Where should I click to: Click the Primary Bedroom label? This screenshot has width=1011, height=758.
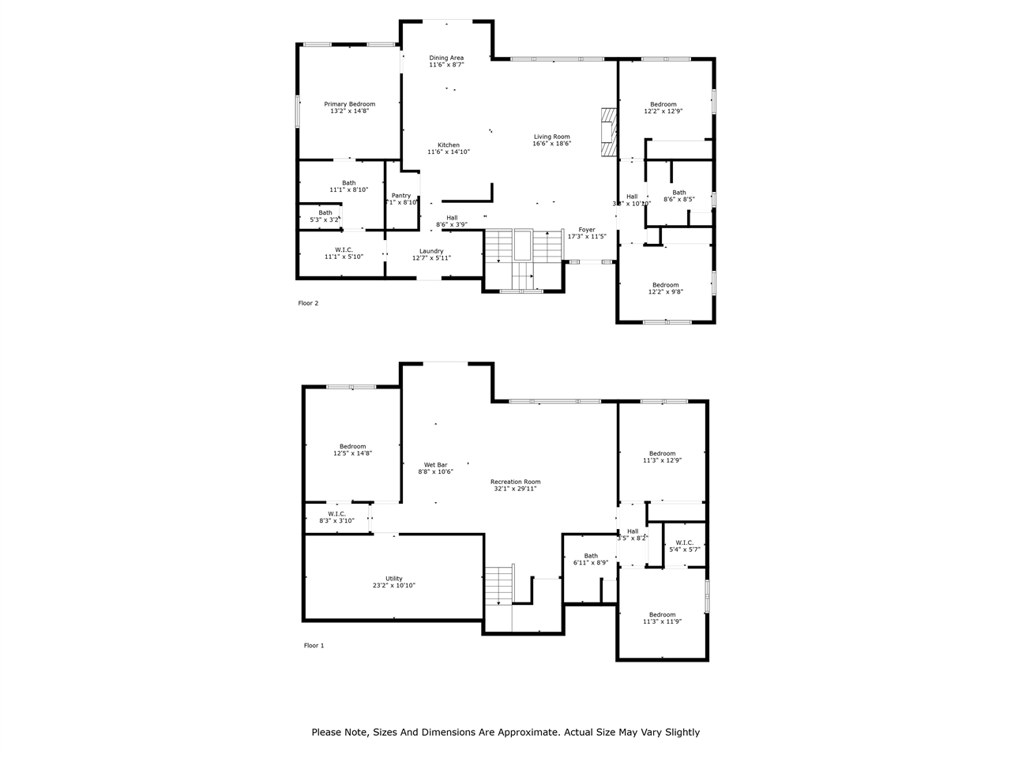coord(349,104)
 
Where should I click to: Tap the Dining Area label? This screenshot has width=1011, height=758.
coord(446,58)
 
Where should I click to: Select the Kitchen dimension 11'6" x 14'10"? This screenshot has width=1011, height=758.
coord(448,152)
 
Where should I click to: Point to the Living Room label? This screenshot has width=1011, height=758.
coord(551,137)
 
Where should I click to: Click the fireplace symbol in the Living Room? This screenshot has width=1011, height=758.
coord(607,132)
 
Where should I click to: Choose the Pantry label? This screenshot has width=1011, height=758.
coord(401,195)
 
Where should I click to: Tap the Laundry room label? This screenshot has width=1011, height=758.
coord(431,251)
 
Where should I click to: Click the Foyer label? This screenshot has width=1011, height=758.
coord(587,230)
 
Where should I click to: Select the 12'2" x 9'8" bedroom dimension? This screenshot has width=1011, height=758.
coord(665,291)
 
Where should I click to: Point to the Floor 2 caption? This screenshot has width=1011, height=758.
coord(308,303)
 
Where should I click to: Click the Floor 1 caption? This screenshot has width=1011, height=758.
coord(314,646)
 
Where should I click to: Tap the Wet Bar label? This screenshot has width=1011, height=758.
coord(435,465)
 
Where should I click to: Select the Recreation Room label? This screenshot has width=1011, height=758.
coord(515,482)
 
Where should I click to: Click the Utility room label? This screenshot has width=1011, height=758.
coord(393,579)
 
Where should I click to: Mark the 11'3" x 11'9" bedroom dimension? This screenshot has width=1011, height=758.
coord(662,621)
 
